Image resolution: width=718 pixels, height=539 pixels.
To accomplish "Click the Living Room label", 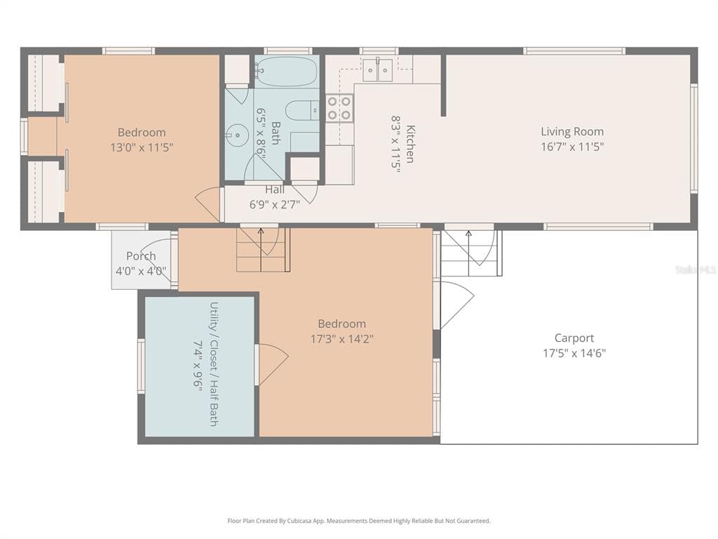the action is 572,131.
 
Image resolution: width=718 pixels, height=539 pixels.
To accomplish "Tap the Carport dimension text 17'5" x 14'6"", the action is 574,353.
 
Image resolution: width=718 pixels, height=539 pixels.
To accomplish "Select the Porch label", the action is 141,255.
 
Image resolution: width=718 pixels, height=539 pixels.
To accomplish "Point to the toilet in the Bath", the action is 302,110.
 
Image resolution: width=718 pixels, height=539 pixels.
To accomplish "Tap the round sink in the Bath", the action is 237,135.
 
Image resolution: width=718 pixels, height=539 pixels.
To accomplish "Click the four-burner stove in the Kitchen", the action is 339,108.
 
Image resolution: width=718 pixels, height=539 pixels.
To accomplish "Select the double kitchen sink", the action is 377,70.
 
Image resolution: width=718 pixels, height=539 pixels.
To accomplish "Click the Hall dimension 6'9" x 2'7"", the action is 275,204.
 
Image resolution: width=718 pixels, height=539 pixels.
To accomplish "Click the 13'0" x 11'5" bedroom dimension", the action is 142,147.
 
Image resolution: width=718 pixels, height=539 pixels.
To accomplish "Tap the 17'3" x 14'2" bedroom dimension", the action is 342,339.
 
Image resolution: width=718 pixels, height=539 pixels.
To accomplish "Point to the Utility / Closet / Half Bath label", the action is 213,364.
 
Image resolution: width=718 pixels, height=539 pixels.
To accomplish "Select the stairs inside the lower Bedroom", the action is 264,250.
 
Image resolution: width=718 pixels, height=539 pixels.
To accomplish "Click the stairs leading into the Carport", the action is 470,253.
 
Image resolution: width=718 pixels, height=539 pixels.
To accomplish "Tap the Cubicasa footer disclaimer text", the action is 359,521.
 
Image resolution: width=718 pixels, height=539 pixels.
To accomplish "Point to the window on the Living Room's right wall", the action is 693,139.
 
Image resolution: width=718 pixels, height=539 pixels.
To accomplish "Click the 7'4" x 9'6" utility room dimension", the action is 198,364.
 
